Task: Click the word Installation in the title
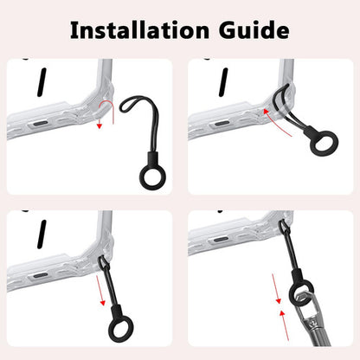point(139,29)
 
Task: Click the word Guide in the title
point(254,29)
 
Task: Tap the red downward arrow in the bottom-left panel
point(100,291)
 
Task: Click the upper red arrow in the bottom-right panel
point(276,289)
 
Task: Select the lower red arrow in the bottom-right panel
point(286,325)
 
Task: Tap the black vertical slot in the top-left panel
point(42,82)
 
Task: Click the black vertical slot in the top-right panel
point(223,82)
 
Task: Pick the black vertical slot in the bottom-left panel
point(42,235)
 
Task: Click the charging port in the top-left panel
point(41,124)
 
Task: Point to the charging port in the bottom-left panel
point(41,275)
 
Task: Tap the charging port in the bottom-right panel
point(222,239)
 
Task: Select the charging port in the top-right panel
point(222,124)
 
